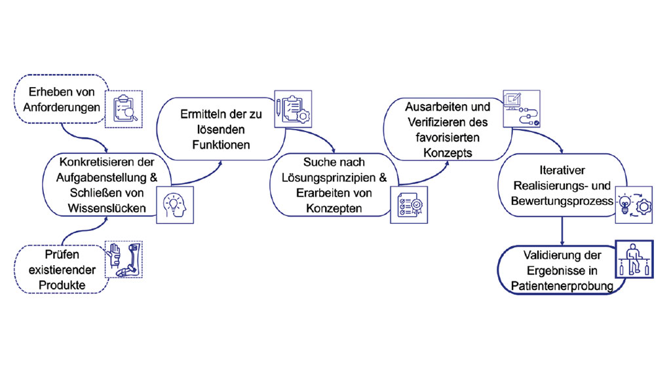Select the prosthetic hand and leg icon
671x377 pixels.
pos(125,260)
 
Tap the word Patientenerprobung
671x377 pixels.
pos(562,287)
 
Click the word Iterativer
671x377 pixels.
pos(562,170)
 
